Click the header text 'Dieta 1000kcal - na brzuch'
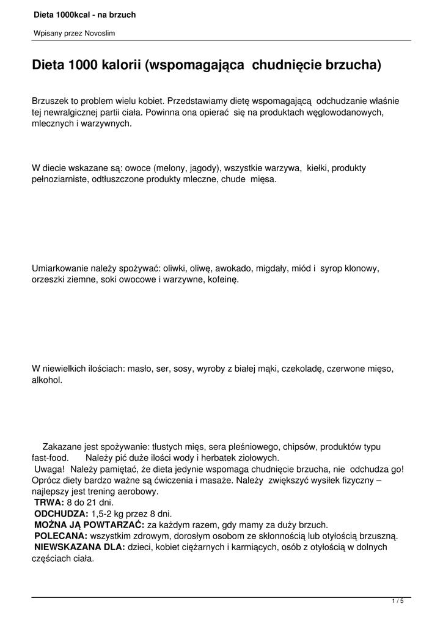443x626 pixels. pyautogui.click(x=84, y=14)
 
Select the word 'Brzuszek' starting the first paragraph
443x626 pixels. pyautogui.click(x=51, y=100)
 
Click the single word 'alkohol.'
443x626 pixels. pyautogui.click(x=47, y=380)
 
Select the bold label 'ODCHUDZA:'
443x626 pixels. pyautogui.click(x=62, y=513)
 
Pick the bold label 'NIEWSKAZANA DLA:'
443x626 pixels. pyautogui.click(x=79, y=547)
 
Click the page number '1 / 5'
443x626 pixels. pyautogui.click(x=398, y=602)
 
